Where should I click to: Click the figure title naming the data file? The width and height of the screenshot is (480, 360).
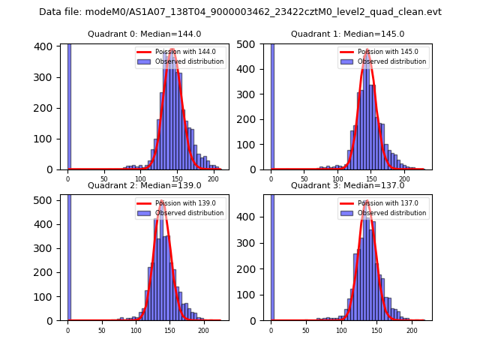(240, 12)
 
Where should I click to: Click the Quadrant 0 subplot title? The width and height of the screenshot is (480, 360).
(144, 34)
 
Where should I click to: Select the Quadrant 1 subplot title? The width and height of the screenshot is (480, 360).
(347, 34)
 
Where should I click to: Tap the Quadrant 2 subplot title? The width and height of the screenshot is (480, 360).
(144, 185)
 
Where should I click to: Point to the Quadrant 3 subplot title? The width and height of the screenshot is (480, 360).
(347, 185)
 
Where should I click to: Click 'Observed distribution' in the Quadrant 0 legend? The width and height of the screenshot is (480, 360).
(189, 61)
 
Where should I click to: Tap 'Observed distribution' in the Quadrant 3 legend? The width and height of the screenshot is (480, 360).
(391, 213)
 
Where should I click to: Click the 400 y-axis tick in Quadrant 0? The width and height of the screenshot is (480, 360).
(45, 46)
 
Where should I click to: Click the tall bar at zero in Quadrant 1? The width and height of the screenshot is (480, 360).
(272, 105)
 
